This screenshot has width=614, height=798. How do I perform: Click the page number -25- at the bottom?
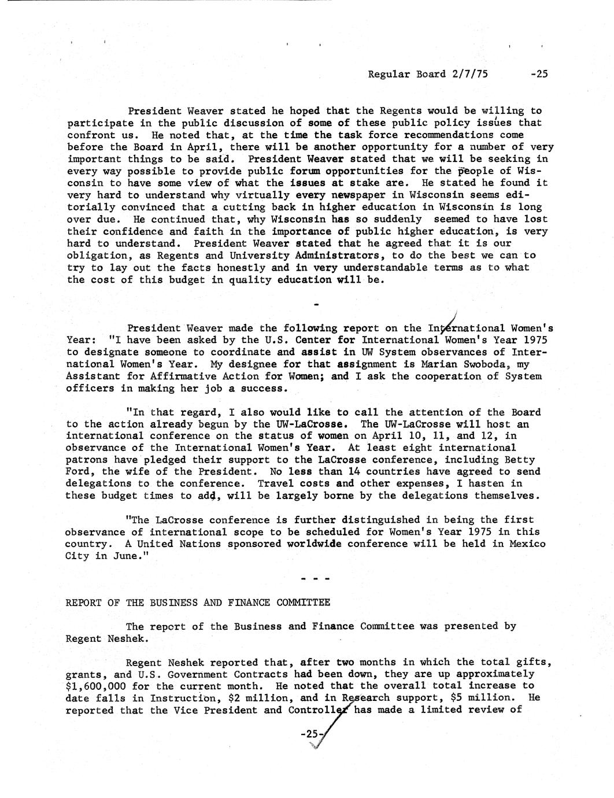point(310,734)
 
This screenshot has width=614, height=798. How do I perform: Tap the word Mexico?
point(526,544)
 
